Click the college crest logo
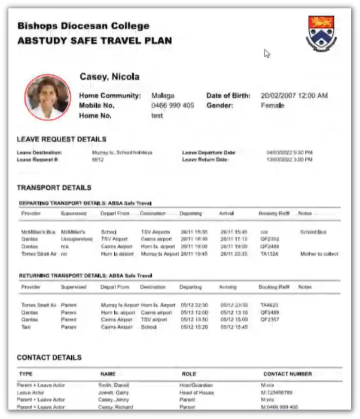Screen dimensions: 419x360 pos(321,33)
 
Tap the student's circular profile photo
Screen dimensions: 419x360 pos(47,97)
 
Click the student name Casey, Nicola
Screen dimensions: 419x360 pos(109,77)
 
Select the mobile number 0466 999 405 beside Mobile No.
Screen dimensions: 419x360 pos(173,106)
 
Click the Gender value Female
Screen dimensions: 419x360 pos(272,106)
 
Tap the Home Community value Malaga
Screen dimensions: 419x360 pos(163,96)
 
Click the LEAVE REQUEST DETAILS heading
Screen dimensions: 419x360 pos(62,139)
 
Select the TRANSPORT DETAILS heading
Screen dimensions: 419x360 pos(54,188)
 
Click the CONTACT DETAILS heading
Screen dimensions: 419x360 pos(49,357)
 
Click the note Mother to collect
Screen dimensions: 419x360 pos(319,254)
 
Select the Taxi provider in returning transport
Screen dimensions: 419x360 pos(26,327)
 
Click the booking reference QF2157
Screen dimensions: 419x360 pos(269,320)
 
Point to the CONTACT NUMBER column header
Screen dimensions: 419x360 pos(287,374)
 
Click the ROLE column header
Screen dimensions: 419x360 pos(189,374)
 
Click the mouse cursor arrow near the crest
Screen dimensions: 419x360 pos(266,53)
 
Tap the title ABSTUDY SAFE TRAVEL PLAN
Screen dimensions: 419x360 pos(94,41)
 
